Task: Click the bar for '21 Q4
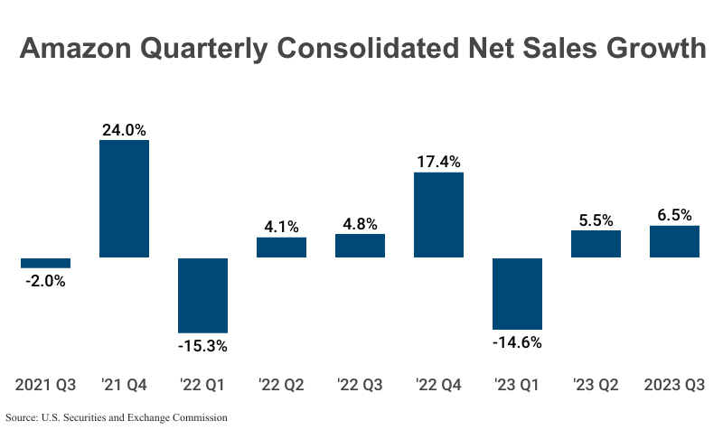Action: pyautogui.click(x=124, y=199)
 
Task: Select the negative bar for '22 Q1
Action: pyautogui.click(x=202, y=295)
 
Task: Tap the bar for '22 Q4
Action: pyautogui.click(x=438, y=215)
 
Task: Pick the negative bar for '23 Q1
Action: pyautogui.click(x=517, y=294)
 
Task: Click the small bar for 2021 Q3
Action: pyautogui.click(x=45, y=263)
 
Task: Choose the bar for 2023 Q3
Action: pyautogui.click(x=674, y=241)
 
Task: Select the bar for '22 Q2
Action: pyautogui.click(x=281, y=248)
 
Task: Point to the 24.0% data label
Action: pyautogui.click(x=124, y=130)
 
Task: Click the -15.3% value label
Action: pyautogui.click(x=202, y=346)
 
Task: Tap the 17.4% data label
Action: pyautogui.click(x=438, y=162)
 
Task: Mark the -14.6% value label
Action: pyautogui.click(x=517, y=342)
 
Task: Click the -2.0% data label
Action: pyautogui.click(x=45, y=281)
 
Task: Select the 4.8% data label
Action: pyautogui.click(x=360, y=224)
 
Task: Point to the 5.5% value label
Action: pyautogui.click(x=596, y=220)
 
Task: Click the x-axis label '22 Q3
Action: pyautogui.click(x=360, y=385)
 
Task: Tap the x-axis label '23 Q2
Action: pyautogui.click(x=596, y=385)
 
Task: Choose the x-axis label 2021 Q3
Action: pyautogui.click(x=45, y=385)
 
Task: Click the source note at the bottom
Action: pyautogui.click(x=116, y=418)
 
